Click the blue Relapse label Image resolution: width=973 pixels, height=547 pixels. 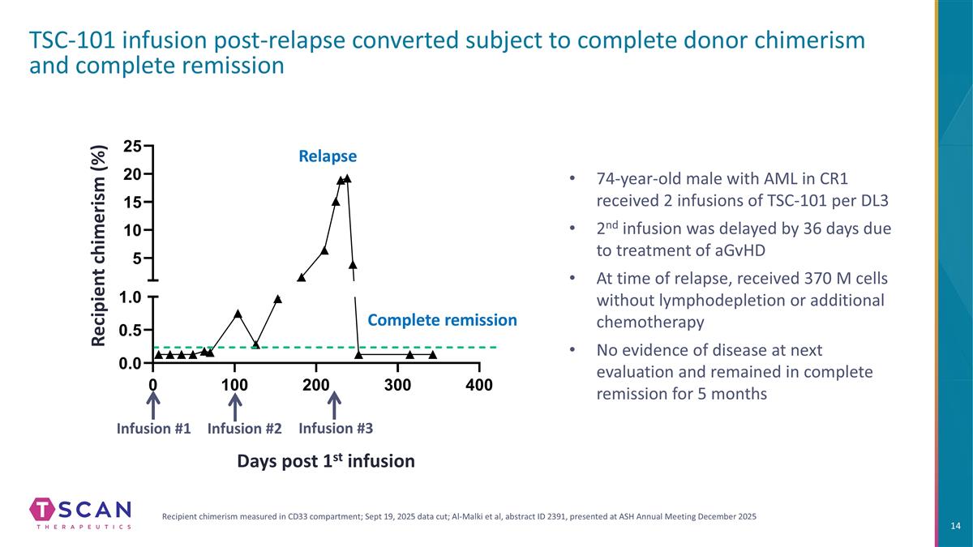coord(327,155)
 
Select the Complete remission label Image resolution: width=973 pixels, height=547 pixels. coord(442,320)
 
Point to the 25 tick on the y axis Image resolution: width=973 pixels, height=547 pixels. coord(133,146)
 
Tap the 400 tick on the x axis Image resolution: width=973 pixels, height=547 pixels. coord(479,384)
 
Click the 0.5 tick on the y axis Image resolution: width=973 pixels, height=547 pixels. coord(131,330)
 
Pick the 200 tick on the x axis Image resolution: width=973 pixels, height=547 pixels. coord(315,384)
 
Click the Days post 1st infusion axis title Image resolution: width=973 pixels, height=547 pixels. coord(325,460)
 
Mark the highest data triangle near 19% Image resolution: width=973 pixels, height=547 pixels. coord(347,178)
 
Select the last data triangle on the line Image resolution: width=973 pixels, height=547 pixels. coord(433,354)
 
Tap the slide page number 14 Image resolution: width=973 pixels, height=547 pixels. coord(954,527)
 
